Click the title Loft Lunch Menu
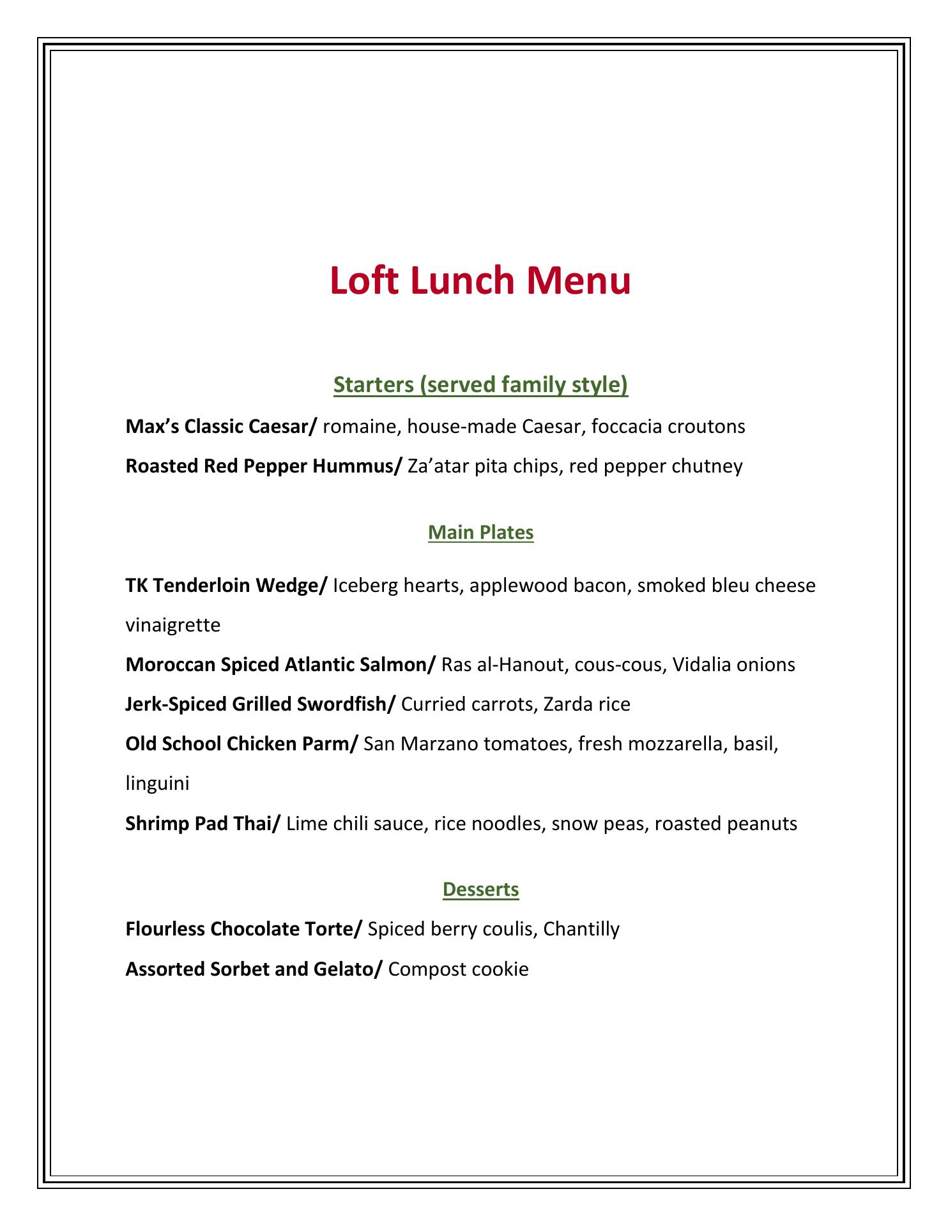coord(480,281)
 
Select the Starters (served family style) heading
coord(480,385)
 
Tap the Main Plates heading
coord(480,533)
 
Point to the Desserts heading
coord(480,889)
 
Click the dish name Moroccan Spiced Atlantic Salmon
coord(280,665)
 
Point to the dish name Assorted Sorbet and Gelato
coord(254,969)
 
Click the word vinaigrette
coord(173,625)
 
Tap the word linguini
coord(157,783)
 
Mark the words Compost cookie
coord(458,969)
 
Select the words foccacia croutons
coord(668,427)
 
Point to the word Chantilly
coord(581,929)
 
